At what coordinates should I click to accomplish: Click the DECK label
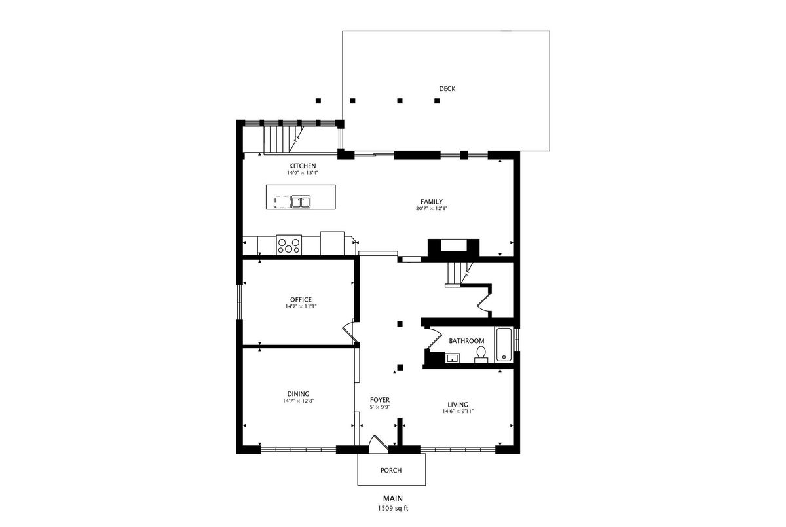coord(447,89)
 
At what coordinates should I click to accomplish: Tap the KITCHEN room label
coord(302,166)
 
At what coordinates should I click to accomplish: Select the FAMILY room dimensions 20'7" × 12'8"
coord(432,208)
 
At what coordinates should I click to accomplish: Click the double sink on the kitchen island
coord(301,202)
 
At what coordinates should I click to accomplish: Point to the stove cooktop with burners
coord(289,245)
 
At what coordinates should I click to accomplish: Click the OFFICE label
coord(301,300)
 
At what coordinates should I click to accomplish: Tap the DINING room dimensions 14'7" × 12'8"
coord(298,401)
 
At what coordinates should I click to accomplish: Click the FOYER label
coord(380,400)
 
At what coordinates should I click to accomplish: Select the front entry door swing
coord(377,445)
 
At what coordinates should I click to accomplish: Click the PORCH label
coord(391,471)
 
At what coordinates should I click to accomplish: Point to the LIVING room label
coord(458,405)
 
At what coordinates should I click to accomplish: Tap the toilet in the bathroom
coord(481,354)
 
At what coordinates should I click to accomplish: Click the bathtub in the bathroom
coord(504,345)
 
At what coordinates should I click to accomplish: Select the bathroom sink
coord(453,358)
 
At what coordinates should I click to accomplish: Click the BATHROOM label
coord(466,341)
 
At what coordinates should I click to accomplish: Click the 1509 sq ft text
coord(392,508)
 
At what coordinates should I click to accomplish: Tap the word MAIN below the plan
coord(392,498)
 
